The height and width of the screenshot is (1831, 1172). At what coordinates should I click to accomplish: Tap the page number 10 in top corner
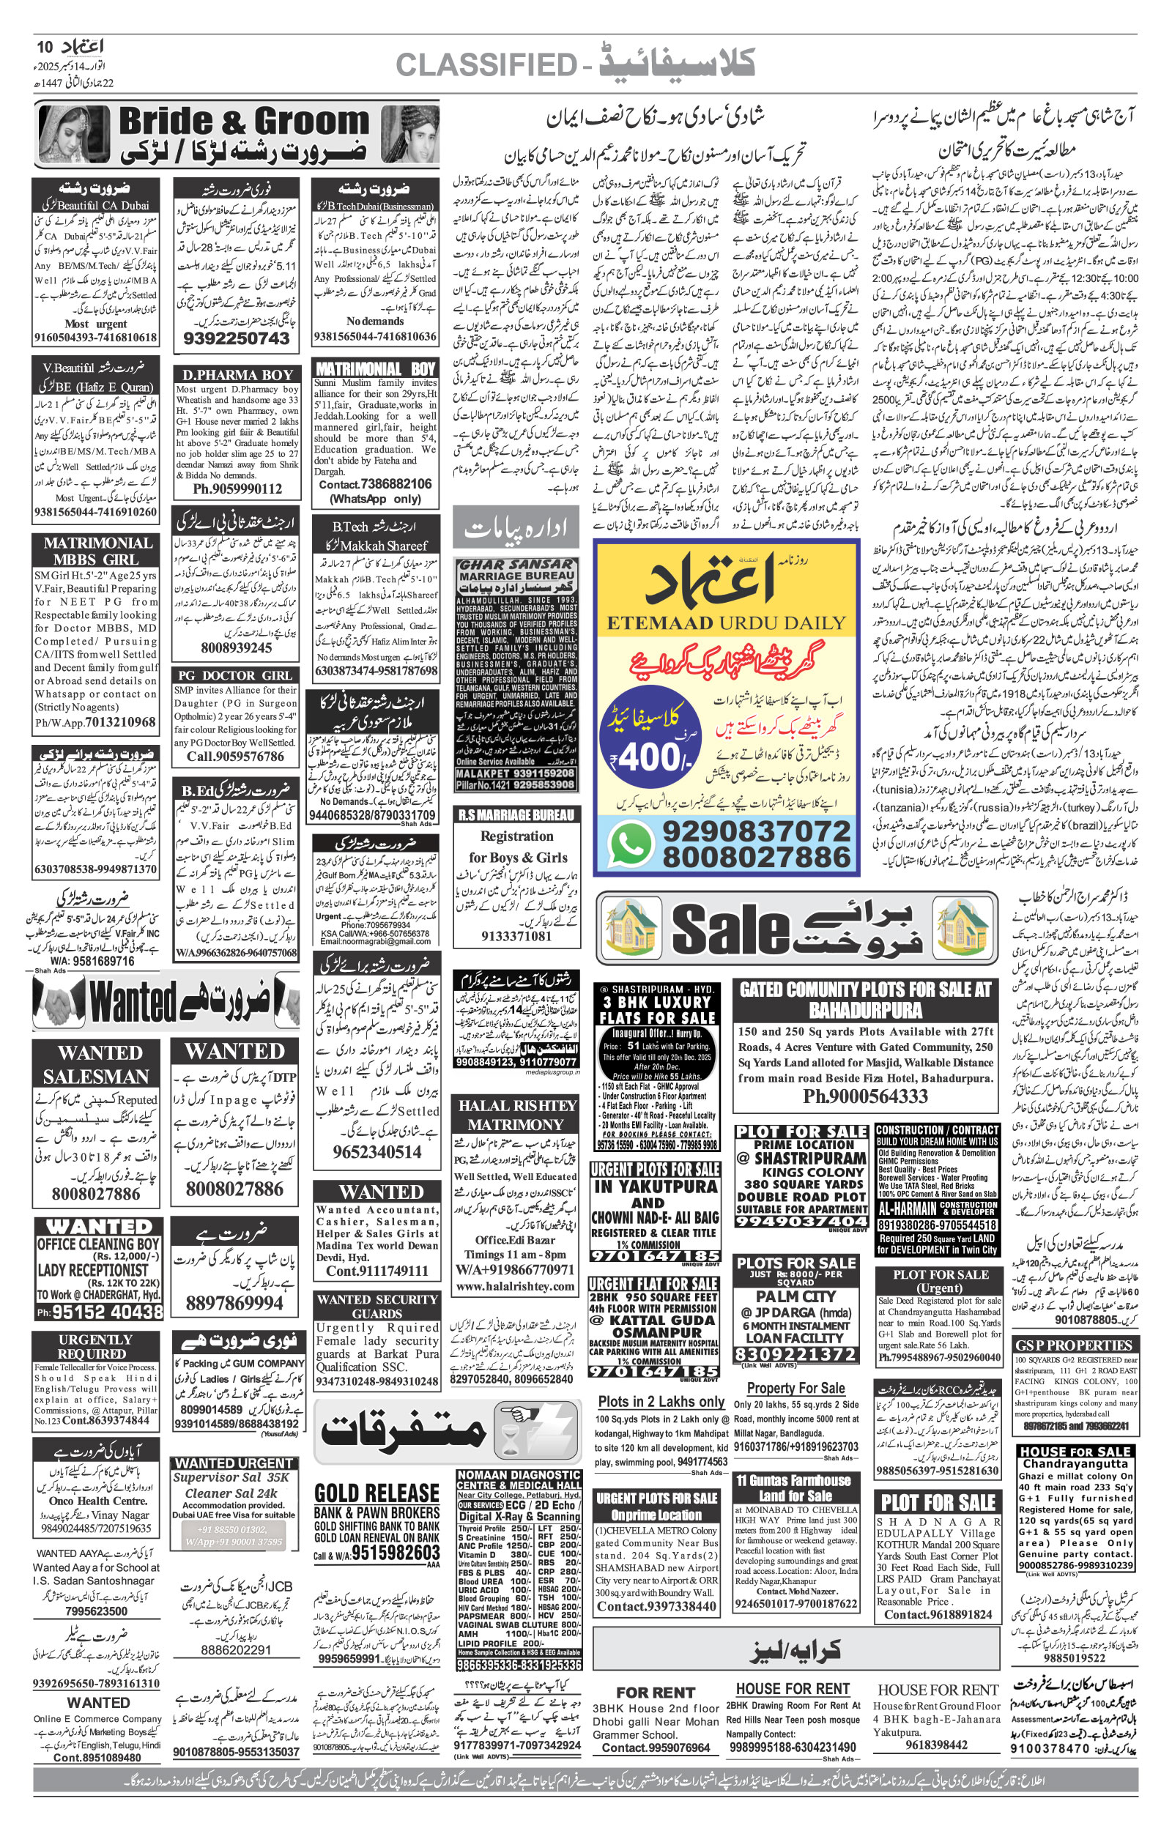(x=45, y=47)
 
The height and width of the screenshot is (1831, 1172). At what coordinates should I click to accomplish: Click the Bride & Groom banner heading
(x=243, y=122)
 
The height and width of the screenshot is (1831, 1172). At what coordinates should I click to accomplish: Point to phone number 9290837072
(x=756, y=831)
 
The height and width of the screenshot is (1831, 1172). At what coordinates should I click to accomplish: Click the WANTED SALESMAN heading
(x=97, y=1065)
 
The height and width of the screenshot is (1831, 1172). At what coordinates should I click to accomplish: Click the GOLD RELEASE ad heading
(x=377, y=1493)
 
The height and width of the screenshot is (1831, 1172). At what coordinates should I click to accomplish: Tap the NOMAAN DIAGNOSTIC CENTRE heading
(x=519, y=1479)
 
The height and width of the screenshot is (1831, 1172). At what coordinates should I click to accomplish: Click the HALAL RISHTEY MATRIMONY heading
(x=516, y=1115)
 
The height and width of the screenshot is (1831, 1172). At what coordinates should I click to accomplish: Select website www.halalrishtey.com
(x=515, y=1286)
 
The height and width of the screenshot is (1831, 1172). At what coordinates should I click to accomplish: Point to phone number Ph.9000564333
(x=865, y=1096)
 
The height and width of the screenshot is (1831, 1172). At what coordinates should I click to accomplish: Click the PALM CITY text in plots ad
(x=795, y=1296)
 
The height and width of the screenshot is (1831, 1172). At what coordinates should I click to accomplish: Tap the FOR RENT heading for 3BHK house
(x=656, y=1693)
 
